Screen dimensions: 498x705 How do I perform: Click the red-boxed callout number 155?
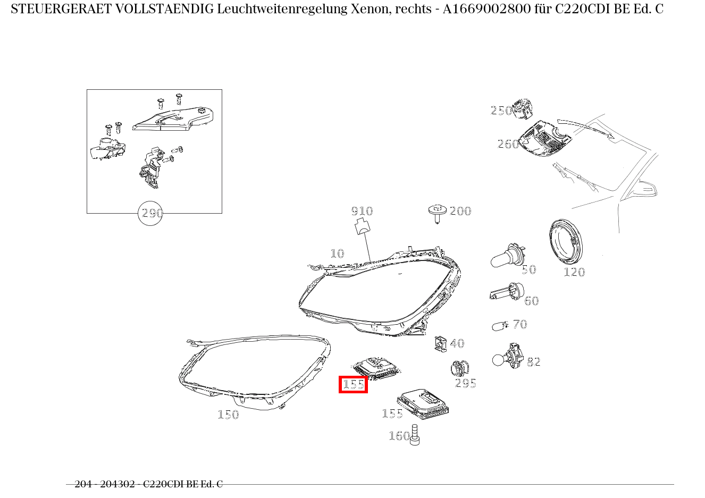pos(354,384)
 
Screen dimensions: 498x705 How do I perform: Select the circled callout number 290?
pos(150,213)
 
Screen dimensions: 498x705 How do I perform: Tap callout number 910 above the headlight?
pos(362,211)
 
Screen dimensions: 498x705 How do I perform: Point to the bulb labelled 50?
pos(506,258)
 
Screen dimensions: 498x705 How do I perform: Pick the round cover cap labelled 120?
pos(565,243)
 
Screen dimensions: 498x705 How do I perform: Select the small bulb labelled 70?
pos(500,326)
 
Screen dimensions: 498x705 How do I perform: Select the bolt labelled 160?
pos(415,435)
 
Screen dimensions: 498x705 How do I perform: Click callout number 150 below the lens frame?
pos(228,415)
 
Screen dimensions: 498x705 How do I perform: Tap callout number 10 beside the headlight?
pos(337,254)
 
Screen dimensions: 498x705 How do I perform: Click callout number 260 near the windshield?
pos(508,144)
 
